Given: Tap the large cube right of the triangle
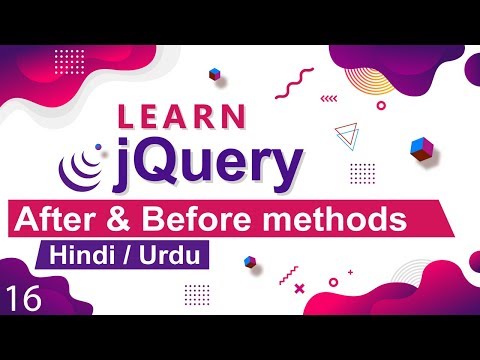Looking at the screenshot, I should [x=419, y=148].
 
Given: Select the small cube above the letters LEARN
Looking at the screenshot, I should [x=214, y=73].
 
